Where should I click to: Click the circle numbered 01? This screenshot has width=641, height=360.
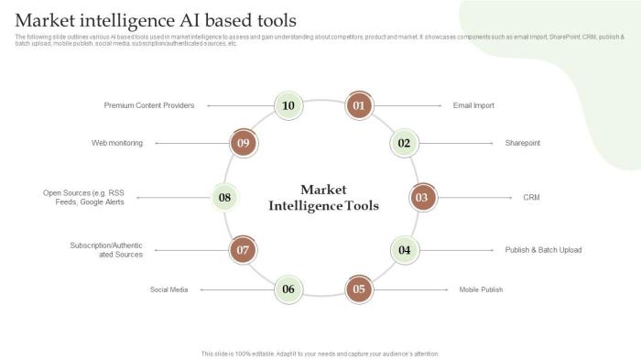pyautogui.click(x=359, y=105)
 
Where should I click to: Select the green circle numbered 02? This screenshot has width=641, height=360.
pyautogui.click(x=404, y=143)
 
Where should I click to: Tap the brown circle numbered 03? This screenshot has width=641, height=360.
pyautogui.click(x=421, y=197)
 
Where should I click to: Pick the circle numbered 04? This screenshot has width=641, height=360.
pyautogui.click(x=404, y=249)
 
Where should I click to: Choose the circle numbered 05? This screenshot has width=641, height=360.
pyautogui.click(x=359, y=289)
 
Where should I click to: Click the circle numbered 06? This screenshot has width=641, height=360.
pyautogui.click(x=288, y=289)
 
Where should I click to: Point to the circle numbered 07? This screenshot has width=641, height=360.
pyautogui.click(x=243, y=249)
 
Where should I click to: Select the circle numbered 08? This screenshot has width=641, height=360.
pyautogui.click(x=224, y=197)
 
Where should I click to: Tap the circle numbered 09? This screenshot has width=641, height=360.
pyautogui.click(x=243, y=143)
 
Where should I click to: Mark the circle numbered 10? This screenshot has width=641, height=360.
pyautogui.click(x=288, y=105)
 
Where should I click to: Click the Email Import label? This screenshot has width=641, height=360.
pyautogui.click(x=473, y=105)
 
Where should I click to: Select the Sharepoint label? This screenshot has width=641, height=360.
pyautogui.click(x=522, y=143)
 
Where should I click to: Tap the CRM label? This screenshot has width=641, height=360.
pyautogui.click(x=531, y=197)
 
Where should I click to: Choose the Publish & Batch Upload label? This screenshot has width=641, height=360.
pyautogui.click(x=543, y=249)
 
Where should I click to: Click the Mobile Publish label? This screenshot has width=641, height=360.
pyautogui.click(x=481, y=289)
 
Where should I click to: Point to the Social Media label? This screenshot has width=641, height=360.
pyautogui.click(x=169, y=289)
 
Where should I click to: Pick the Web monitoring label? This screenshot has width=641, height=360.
pyautogui.click(x=117, y=143)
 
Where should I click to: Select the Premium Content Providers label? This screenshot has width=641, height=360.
pyautogui.click(x=149, y=105)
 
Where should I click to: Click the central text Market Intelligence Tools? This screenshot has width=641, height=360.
pyautogui.click(x=323, y=197)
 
